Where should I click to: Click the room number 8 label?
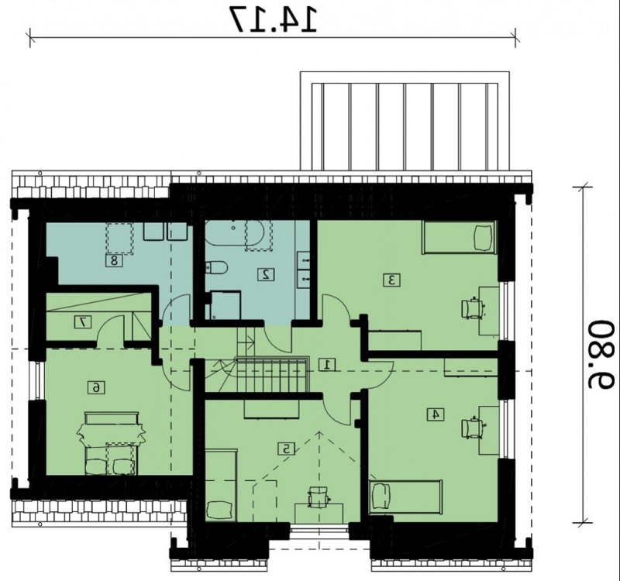114,260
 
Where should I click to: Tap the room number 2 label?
266,274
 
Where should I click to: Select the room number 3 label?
392,280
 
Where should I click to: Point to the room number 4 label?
436,414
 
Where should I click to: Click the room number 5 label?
287,449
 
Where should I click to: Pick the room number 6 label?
96,388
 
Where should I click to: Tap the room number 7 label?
83,321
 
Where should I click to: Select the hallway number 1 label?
327,364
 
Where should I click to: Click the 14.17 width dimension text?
274,19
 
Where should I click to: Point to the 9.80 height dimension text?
601,355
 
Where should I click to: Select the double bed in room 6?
112,443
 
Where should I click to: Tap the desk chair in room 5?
319,497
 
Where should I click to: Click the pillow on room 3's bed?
483,238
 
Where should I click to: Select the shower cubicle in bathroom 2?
225,304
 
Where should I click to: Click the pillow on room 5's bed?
219,510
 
